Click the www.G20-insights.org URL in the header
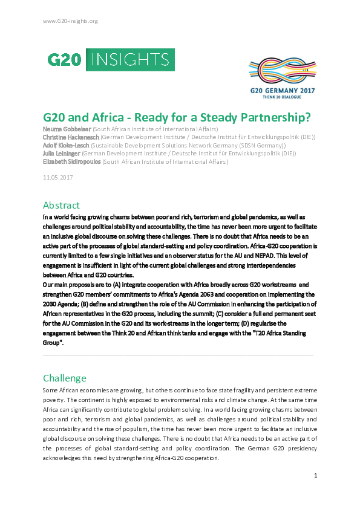[x=70, y=21]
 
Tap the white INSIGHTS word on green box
[x=131, y=59]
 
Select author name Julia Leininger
[x=61, y=154]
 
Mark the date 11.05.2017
[x=57, y=177]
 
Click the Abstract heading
[x=61, y=205]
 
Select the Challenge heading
[x=65, y=378]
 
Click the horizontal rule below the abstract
[x=179, y=355]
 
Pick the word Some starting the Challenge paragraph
[x=51, y=391]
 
